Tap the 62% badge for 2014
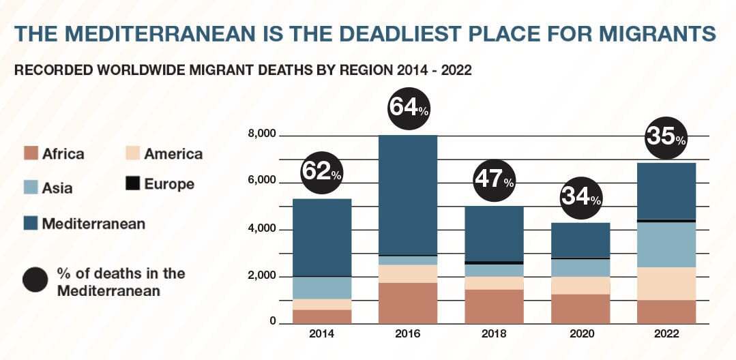click(x=321, y=171)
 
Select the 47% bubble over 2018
click(x=494, y=179)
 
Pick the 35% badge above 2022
click(x=666, y=136)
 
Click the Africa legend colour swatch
click(x=30, y=153)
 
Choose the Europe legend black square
click(x=133, y=184)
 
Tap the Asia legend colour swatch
click(x=30, y=187)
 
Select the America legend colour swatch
click(x=133, y=153)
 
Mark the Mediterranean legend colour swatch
click(x=30, y=223)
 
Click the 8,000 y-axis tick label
click(x=262, y=134)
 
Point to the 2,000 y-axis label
click(x=262, y=276)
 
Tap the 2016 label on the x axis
click(x=408, y=334)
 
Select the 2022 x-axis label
click(x=666, y=334)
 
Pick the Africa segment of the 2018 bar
click(x=494, y=306)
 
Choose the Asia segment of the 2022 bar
click(x=666, y=244)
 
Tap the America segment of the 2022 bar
click(x=666, y=283)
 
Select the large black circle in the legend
click(x=35, y=280)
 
